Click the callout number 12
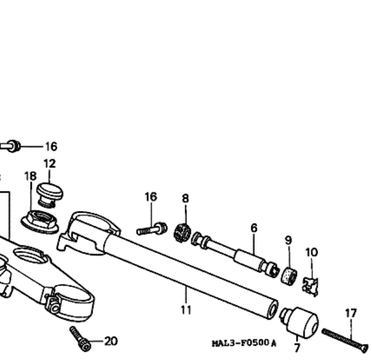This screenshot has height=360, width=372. click(50, 164)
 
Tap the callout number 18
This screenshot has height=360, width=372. click(30, 176)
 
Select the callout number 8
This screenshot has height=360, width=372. click(186, 198)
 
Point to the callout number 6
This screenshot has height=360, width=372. click(254, 228)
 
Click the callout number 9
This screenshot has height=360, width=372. click(288, 240)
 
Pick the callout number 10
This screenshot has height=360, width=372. click(312, 252)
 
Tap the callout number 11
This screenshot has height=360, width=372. click(186, 310)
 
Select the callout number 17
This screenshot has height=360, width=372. click(351, 313)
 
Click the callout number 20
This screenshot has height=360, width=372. click(111, 341)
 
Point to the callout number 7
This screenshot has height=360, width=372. click(297, 348)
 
